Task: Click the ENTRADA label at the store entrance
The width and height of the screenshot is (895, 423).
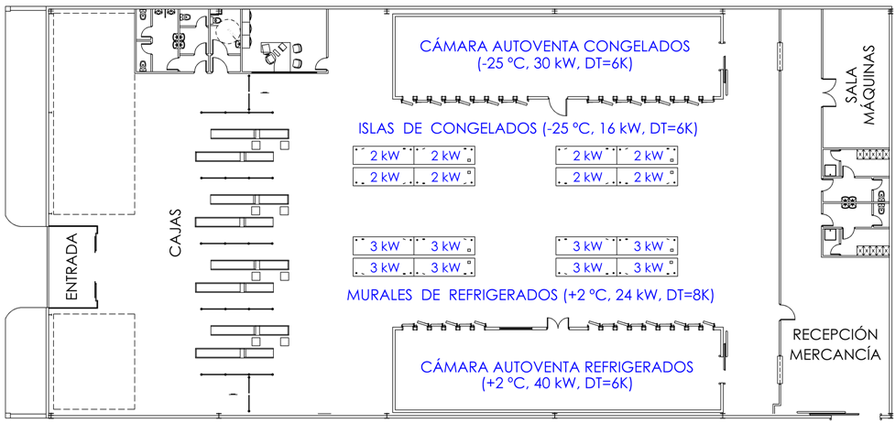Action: [x=73, y=266]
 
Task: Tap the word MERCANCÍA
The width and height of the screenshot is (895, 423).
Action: [x=835, y=353]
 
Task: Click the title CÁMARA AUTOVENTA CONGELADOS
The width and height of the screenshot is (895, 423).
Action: [x=554, y=46]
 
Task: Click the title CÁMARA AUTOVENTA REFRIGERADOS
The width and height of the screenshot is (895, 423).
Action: [x=557, y=367]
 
